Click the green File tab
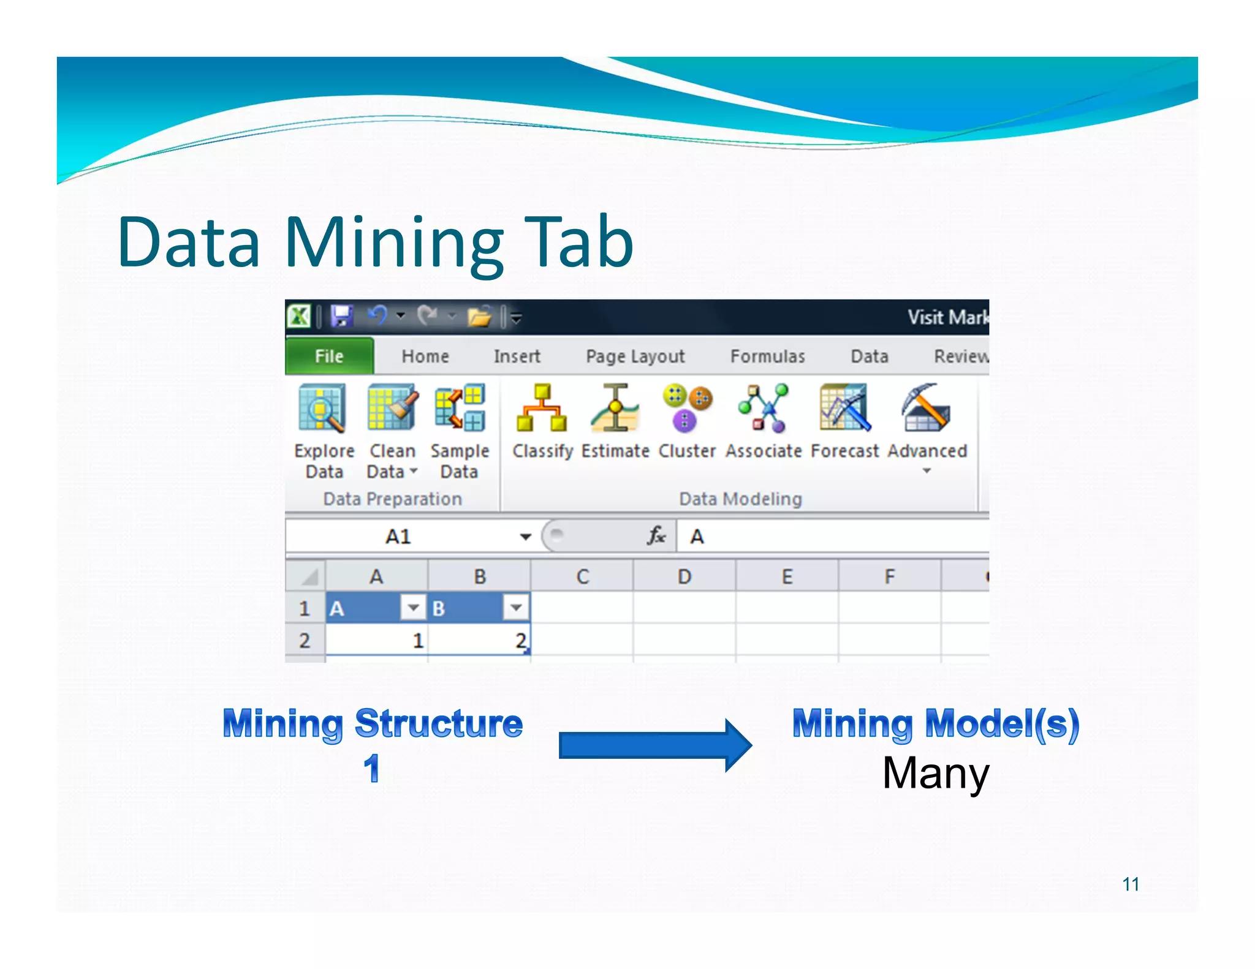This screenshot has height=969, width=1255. [329, 356]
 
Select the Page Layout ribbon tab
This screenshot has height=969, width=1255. [635, 356]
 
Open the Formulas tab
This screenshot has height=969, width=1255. [767, 356]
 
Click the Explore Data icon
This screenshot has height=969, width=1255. [323, 408]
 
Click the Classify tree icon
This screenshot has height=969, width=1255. [542, 408]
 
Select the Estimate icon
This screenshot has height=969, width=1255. [615, 408]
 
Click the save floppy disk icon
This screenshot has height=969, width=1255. [341, 316]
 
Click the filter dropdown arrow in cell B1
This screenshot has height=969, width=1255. [516, 608]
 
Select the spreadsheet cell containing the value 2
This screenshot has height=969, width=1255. [479, 641]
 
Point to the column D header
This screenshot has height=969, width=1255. [684, 576]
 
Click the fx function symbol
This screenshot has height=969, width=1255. [656, 536]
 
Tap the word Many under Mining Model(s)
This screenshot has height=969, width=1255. [935, 773]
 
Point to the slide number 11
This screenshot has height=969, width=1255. [1131, 884]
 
